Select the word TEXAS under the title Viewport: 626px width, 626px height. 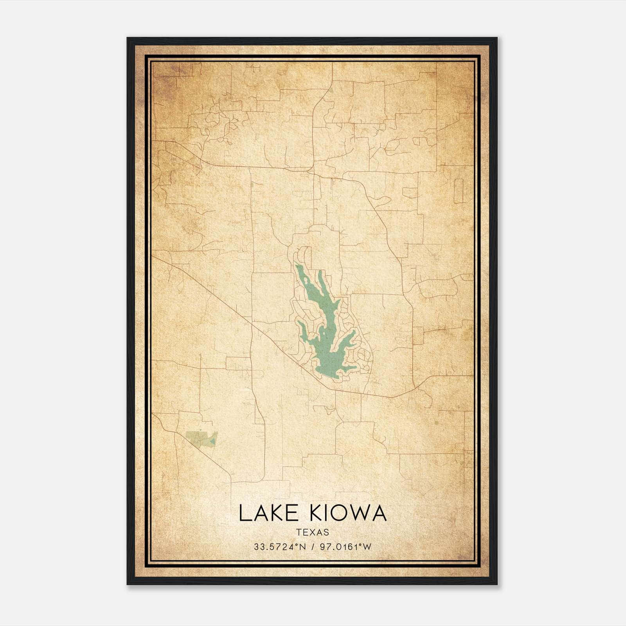tap(313, 532)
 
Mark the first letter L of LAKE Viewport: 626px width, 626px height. tap(244, 513)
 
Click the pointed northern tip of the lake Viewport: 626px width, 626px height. tap(297, 266)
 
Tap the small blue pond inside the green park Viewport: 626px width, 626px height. tap(212, 441)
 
